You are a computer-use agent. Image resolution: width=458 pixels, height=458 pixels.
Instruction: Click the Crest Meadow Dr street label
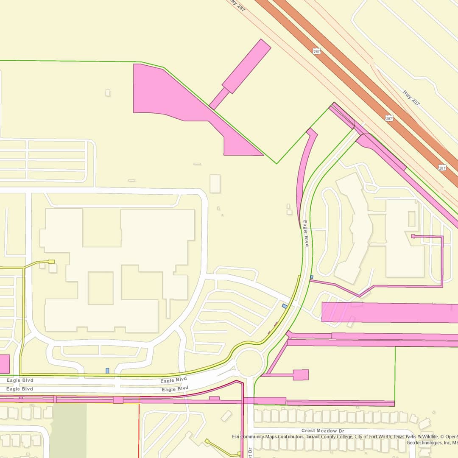tap(320, 430)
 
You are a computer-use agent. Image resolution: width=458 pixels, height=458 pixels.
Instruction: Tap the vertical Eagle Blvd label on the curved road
tap(305, 234)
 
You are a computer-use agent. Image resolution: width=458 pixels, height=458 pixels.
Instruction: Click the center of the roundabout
tap(250, 363)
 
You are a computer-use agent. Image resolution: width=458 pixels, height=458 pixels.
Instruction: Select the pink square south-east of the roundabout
tap(300, 375)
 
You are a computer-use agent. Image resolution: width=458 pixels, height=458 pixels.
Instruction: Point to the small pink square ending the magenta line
tap(413, 236)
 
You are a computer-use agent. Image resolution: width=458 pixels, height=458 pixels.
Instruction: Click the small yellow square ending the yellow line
tap(51, 262)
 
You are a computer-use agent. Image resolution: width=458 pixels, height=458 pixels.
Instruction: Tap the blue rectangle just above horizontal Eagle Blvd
tap(107, 371)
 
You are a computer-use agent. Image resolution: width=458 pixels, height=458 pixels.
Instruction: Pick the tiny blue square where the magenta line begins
tap(312, 277)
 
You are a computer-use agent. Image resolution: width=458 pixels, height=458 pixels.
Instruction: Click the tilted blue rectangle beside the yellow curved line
tap(285, 306)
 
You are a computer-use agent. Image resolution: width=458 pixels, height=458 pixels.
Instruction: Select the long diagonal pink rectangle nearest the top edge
tap(246, 66)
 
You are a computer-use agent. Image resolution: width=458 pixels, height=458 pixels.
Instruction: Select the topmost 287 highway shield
tap(317, 51)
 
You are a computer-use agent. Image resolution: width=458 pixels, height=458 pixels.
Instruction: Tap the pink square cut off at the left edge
tap(4, 364)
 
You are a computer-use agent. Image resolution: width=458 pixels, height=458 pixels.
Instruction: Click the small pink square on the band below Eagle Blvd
tap(118, 399)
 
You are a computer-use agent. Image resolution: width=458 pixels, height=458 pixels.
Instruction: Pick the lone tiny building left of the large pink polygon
tap(108, 92)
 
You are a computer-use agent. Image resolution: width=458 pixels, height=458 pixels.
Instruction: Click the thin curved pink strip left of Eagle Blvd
tap(304, 170)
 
